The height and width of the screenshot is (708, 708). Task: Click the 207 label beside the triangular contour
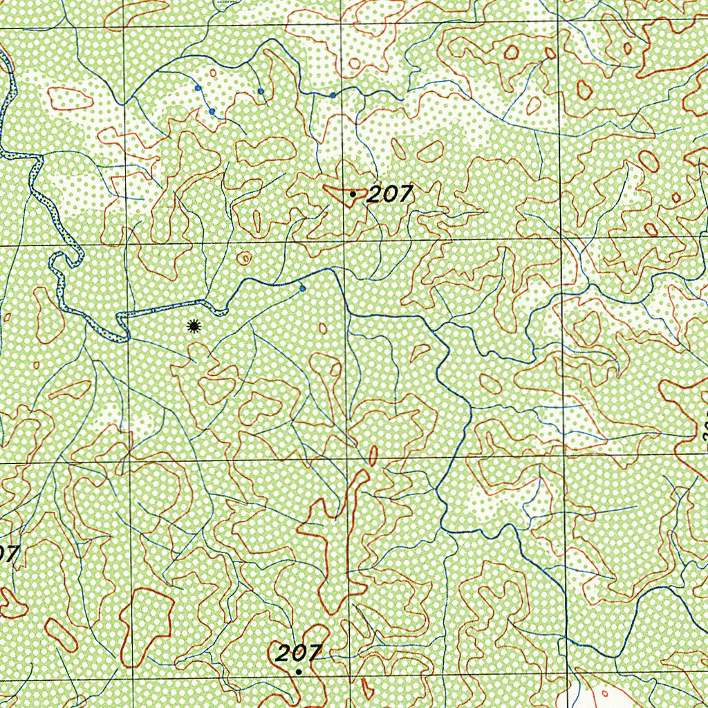(x=389, y=196)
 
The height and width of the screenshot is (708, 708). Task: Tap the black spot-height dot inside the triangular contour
(x=353, y=195)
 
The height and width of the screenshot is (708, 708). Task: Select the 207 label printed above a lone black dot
(x=298, y=653)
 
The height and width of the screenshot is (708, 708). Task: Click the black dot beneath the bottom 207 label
(x=299, y=671)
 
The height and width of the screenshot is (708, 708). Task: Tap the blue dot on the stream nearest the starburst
(x=302, y=289)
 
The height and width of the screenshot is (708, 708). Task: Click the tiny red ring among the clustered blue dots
(x=213, y=73)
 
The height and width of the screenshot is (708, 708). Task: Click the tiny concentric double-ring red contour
(x=245, y=259)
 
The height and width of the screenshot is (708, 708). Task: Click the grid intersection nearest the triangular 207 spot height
(x=344, y=241)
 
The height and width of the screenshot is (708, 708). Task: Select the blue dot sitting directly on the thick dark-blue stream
(x=333, y=95)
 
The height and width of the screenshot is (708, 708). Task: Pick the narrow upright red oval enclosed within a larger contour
(x=257, y=221)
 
